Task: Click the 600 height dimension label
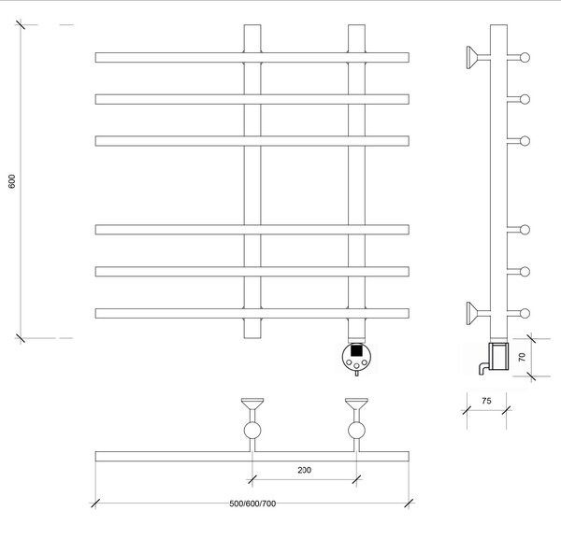click(x=12, y=181)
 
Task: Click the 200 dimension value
click(x=305, y=470)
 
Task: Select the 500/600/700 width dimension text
click(x=252, y=504)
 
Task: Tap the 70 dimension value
click(x=522, y=357)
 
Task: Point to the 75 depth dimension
click(x=486, y=401)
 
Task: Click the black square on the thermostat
click(x=356, y=350)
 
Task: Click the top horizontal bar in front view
click(x=252, y=58)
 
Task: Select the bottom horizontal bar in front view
click(x=252, y=314)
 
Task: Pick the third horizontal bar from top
click(x=252, y=141)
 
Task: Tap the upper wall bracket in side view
click(x=477, y=57)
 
